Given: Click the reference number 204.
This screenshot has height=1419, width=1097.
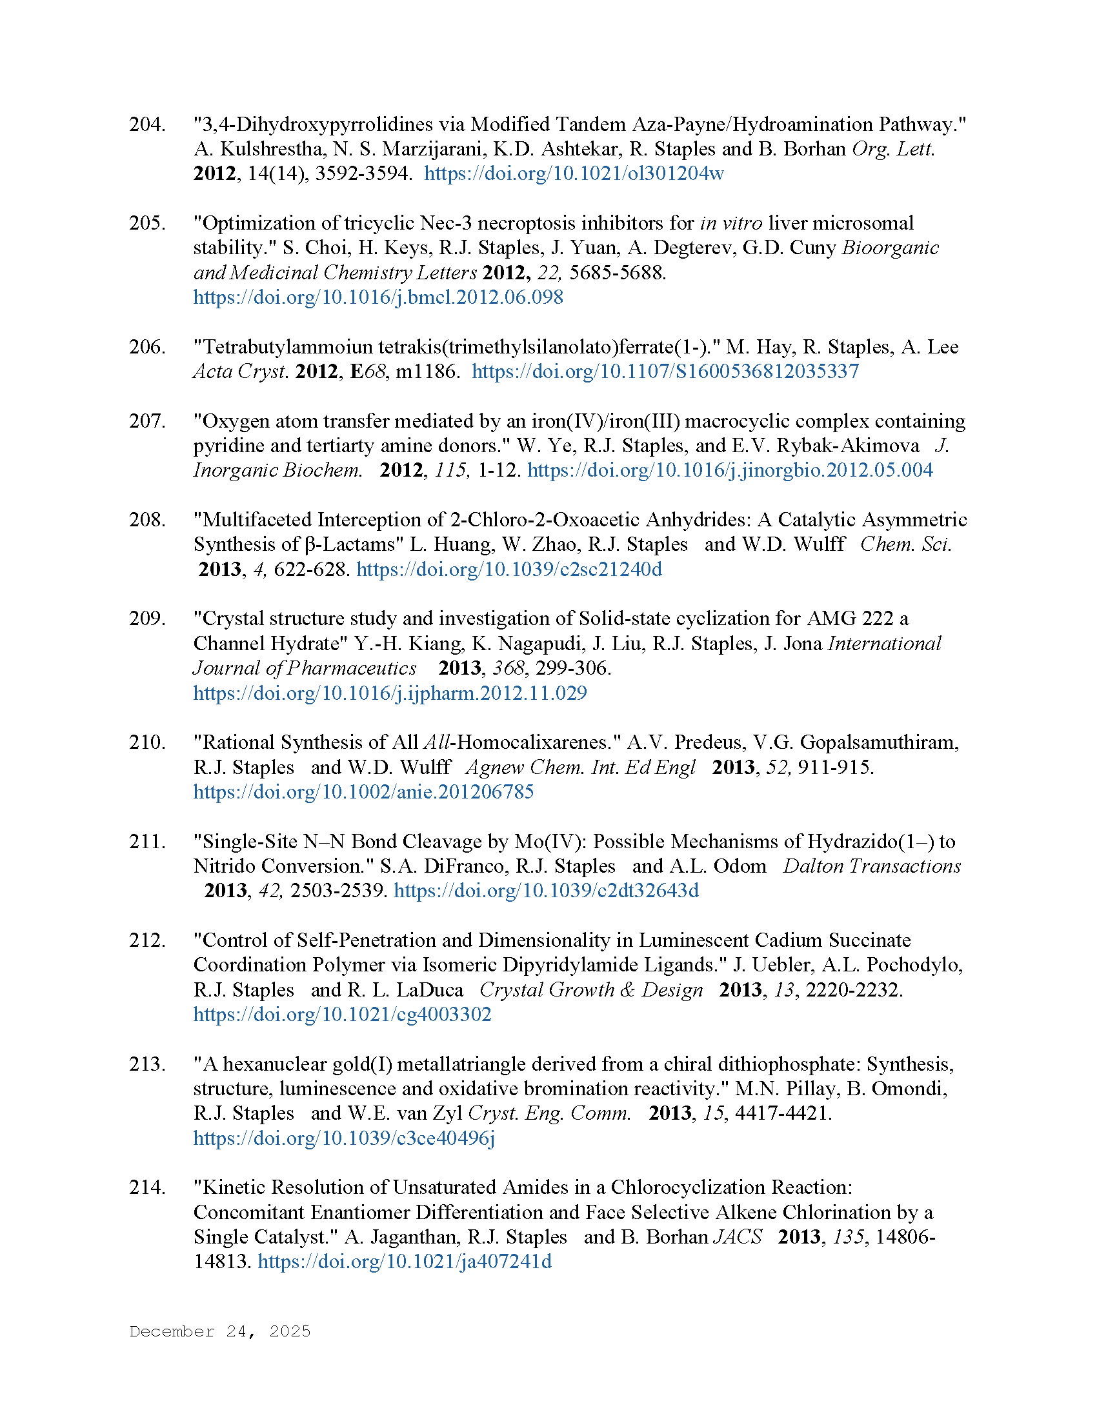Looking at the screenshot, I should (146, 124).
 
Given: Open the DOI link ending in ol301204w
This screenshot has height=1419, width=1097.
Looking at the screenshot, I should (574, 174).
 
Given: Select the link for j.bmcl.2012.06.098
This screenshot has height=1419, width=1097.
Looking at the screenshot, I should (378, 297).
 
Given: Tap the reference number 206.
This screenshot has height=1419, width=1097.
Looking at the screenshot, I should (146, 347).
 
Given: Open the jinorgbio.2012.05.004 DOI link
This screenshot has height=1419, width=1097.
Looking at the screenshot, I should (730, 470).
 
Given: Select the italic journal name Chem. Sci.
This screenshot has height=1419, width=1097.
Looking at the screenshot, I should (906, 544).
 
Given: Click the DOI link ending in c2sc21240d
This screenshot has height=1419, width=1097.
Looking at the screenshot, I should (509, 570).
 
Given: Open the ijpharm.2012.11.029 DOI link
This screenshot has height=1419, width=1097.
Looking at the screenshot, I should (390, 693).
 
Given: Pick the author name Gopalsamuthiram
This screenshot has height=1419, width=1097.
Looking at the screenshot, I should (879, 742).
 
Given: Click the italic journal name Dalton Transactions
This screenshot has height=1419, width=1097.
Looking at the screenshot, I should (872, 866).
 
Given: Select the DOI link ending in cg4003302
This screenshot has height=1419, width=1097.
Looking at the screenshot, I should (343, 1015).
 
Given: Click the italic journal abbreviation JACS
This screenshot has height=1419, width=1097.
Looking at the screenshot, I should (738, 1237).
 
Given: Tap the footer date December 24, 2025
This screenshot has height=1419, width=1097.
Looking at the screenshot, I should (220, 1331).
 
